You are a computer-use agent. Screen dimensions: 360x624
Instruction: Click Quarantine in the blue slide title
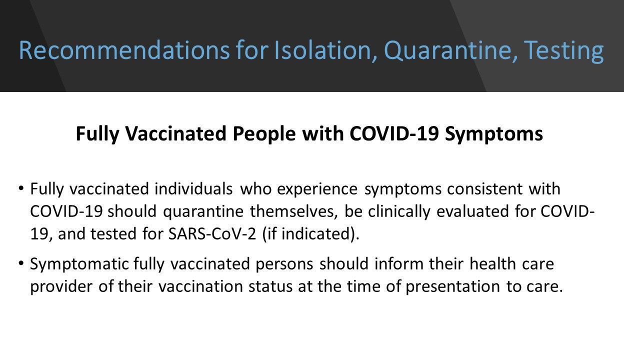pos(445,51)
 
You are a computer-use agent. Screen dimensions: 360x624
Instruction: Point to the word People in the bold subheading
pos(260,134)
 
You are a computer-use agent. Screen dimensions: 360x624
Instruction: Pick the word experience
pos(317,189)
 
